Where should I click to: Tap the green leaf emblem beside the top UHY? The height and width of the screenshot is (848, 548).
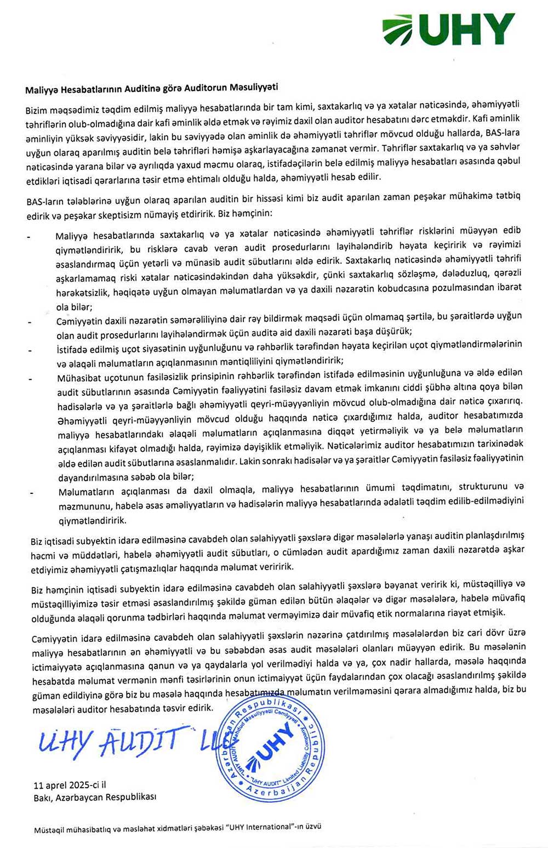coord(398,31)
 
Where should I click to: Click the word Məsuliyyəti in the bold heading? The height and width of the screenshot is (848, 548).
coord(254,87)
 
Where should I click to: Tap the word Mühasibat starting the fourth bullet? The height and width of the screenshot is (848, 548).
coord(76,377)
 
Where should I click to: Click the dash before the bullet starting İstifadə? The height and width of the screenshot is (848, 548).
coord(30,350)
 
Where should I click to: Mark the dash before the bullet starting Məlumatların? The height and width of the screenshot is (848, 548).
coord(32,492)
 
